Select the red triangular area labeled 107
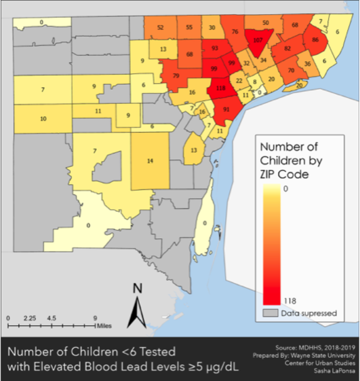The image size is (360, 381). click(257, 40)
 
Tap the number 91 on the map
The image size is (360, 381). click(226, 109)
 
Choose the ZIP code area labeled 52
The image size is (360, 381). click(160, 28)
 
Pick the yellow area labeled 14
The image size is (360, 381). click(150, 161)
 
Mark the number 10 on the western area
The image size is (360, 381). click(43, 119)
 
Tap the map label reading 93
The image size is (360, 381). click(215, 48)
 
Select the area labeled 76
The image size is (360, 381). click(235, 31)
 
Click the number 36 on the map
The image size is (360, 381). click(307, 64)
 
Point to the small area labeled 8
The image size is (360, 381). click(255, 82)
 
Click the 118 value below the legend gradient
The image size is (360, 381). click(290, 300)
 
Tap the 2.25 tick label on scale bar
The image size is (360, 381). click(30, 318)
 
